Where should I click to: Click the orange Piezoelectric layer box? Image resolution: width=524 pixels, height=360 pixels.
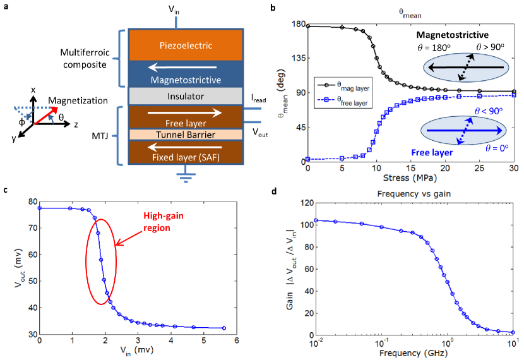[x=186, y=45]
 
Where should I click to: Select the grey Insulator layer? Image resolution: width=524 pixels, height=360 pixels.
[x=186, y=96]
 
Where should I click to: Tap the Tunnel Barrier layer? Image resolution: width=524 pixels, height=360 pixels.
[x=186, y=135]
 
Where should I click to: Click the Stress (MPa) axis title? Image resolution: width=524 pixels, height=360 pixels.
[x=410, y=177]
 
